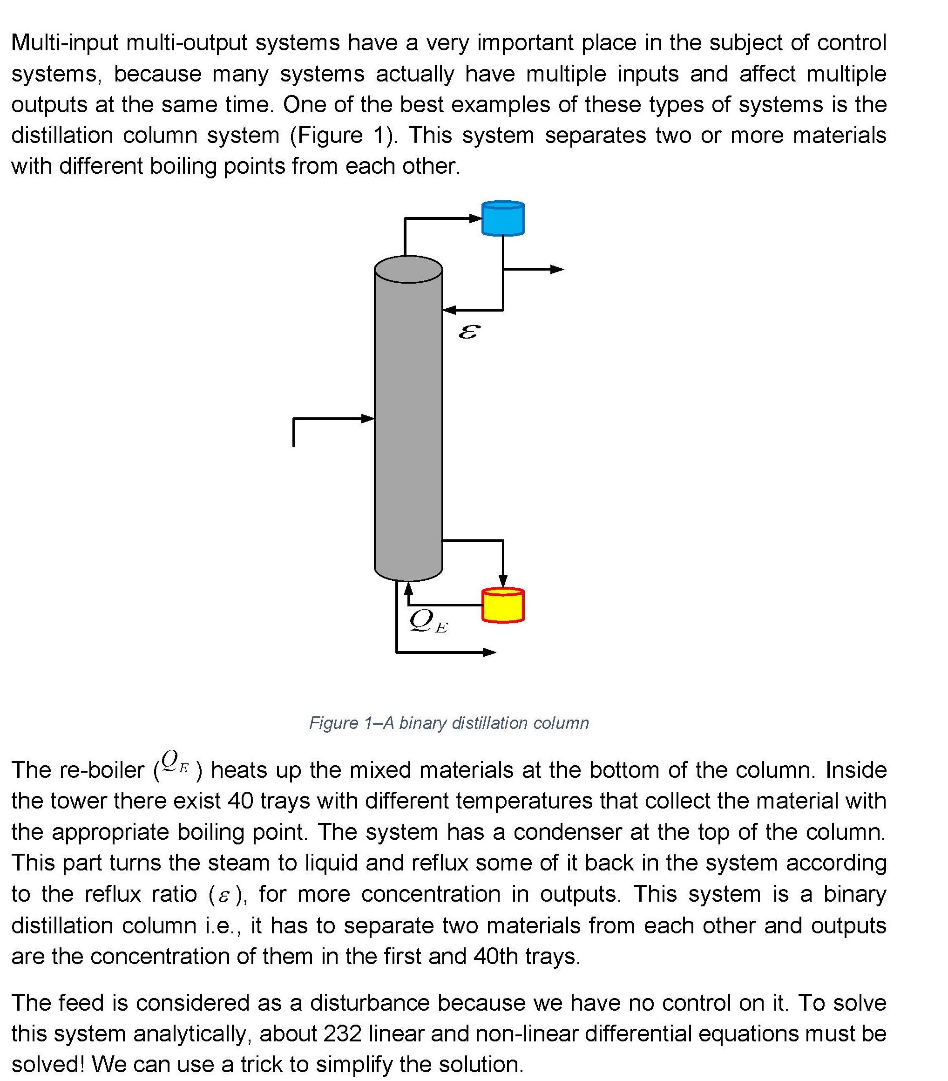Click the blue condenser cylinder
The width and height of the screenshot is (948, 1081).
[x=503, y=218]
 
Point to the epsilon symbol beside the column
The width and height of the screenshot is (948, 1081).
[x=469, y=332]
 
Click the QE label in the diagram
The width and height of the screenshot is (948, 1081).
[x=427, y=621]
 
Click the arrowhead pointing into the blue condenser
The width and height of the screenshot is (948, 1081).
[x=476, y=218]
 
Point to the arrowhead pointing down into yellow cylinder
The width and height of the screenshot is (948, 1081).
[x=503, y=581]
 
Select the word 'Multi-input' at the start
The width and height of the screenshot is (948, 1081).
[x=65, y=43]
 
